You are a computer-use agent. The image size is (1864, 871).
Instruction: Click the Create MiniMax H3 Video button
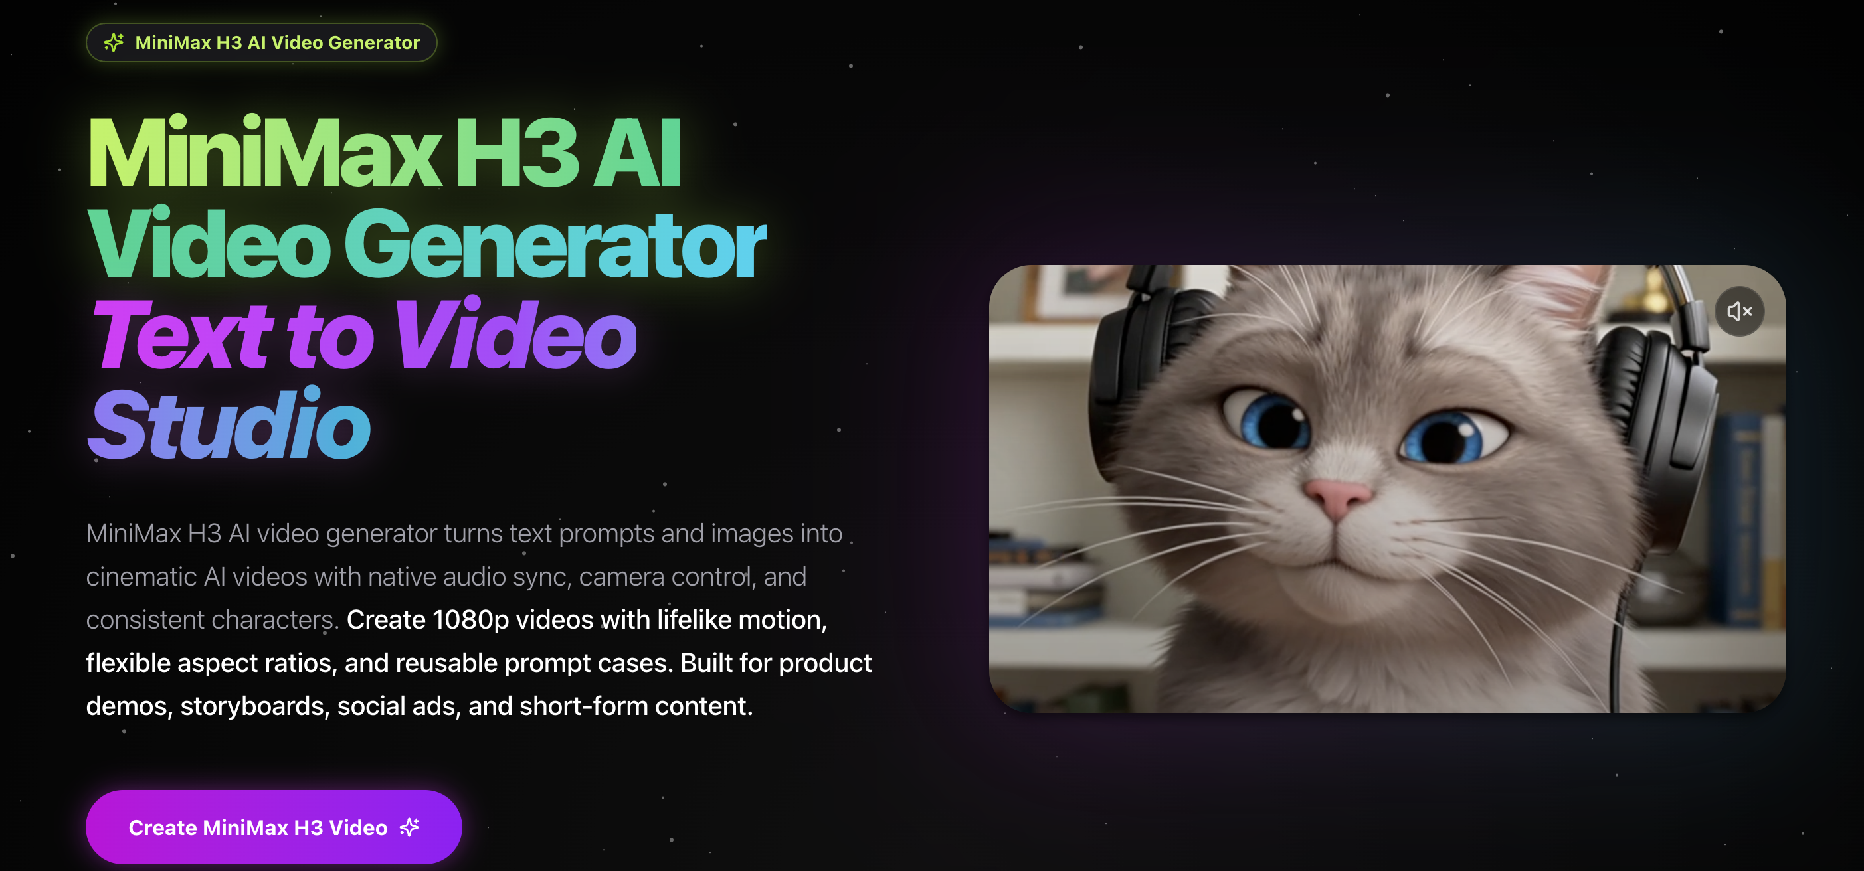point(274,827)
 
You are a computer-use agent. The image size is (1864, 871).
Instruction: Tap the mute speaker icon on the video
point(1740,312)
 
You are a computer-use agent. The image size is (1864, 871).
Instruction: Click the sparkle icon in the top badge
point(114,42)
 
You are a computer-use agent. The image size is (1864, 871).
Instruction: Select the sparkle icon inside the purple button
point(410,827)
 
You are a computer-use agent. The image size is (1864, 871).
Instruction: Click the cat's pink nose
point(1338,498)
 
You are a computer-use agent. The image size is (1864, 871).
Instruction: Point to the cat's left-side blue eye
point(1271,419)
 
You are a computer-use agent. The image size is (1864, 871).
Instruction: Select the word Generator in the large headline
point(554,244)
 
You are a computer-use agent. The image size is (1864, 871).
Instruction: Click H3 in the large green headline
point(517,153)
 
